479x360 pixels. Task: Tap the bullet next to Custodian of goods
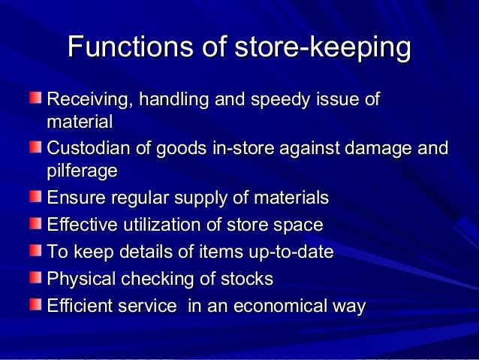click(36, 147)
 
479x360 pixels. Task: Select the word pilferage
click(82, 171)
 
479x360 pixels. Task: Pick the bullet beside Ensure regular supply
click(36, 197)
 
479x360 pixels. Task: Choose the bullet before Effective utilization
click(36, 223)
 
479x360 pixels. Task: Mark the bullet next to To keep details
click(36, 250)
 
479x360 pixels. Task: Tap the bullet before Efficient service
click(36, 304)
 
